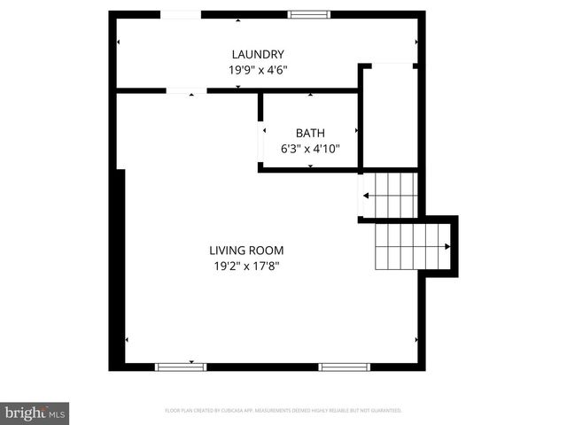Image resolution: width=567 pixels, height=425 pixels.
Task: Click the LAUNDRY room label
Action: tap(259, 54)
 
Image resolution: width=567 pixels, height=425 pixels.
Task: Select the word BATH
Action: tap(310, 134)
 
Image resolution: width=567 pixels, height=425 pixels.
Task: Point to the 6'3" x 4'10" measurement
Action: tap(310, 149)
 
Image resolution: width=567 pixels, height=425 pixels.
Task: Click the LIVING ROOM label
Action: tap(246, 251)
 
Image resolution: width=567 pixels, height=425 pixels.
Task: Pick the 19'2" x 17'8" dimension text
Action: tap(246, 266)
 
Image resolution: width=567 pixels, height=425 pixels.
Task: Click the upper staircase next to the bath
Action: tap(390, 195)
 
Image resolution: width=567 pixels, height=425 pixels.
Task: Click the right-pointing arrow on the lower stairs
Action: tap(447, 247)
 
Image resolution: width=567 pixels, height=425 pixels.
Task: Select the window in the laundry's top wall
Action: tap(309, 15)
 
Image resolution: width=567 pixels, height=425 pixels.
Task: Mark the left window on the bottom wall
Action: tap(181, 367)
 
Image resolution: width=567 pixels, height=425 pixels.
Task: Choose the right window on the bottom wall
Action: tap(345, 367)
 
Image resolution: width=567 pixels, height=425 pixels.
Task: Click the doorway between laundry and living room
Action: tap(186, 90)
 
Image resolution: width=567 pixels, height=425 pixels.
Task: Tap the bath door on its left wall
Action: tap(262, 143)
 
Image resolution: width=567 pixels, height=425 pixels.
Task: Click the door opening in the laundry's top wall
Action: tap(180, 15)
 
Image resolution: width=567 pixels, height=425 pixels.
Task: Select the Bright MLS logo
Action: tap(35, 413)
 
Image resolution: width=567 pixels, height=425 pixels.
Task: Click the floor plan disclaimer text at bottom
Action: tap(283, 411)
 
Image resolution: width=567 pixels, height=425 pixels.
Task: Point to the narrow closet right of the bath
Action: tap(390, 115)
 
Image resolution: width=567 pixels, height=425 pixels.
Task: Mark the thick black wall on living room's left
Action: tap(116, 270)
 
